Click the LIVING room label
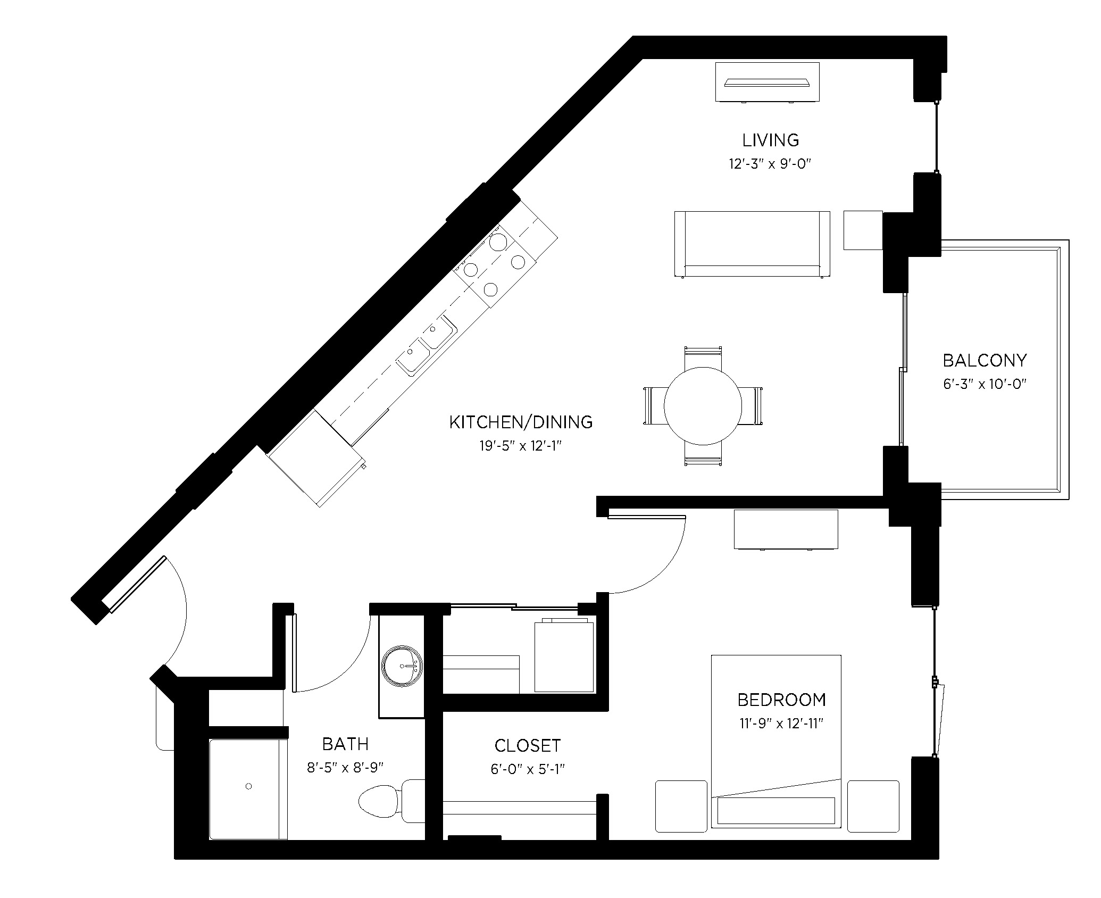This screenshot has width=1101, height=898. pos(770,140)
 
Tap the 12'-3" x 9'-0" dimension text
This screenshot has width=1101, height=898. pos(770,164)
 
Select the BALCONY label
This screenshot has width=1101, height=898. pos(985,361)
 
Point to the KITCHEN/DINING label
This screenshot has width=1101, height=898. pos(521,422)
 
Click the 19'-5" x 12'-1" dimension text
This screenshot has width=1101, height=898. pos(521,446)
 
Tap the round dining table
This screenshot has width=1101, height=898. pos(703,406)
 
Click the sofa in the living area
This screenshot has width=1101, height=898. pos(752,244)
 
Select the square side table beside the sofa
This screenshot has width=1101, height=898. pos(863,230)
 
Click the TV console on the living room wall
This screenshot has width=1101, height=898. pos(767,82)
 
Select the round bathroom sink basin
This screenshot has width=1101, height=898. pos(402,665)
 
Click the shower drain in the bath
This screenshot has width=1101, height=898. pos(248,786)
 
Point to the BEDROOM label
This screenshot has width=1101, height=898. pos(781,700)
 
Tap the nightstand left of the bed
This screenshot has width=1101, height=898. pos(681,806)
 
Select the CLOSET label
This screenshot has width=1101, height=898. pos(527,745)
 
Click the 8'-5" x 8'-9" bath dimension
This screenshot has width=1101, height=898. pos(345,768)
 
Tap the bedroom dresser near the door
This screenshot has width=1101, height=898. pos(786,529)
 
